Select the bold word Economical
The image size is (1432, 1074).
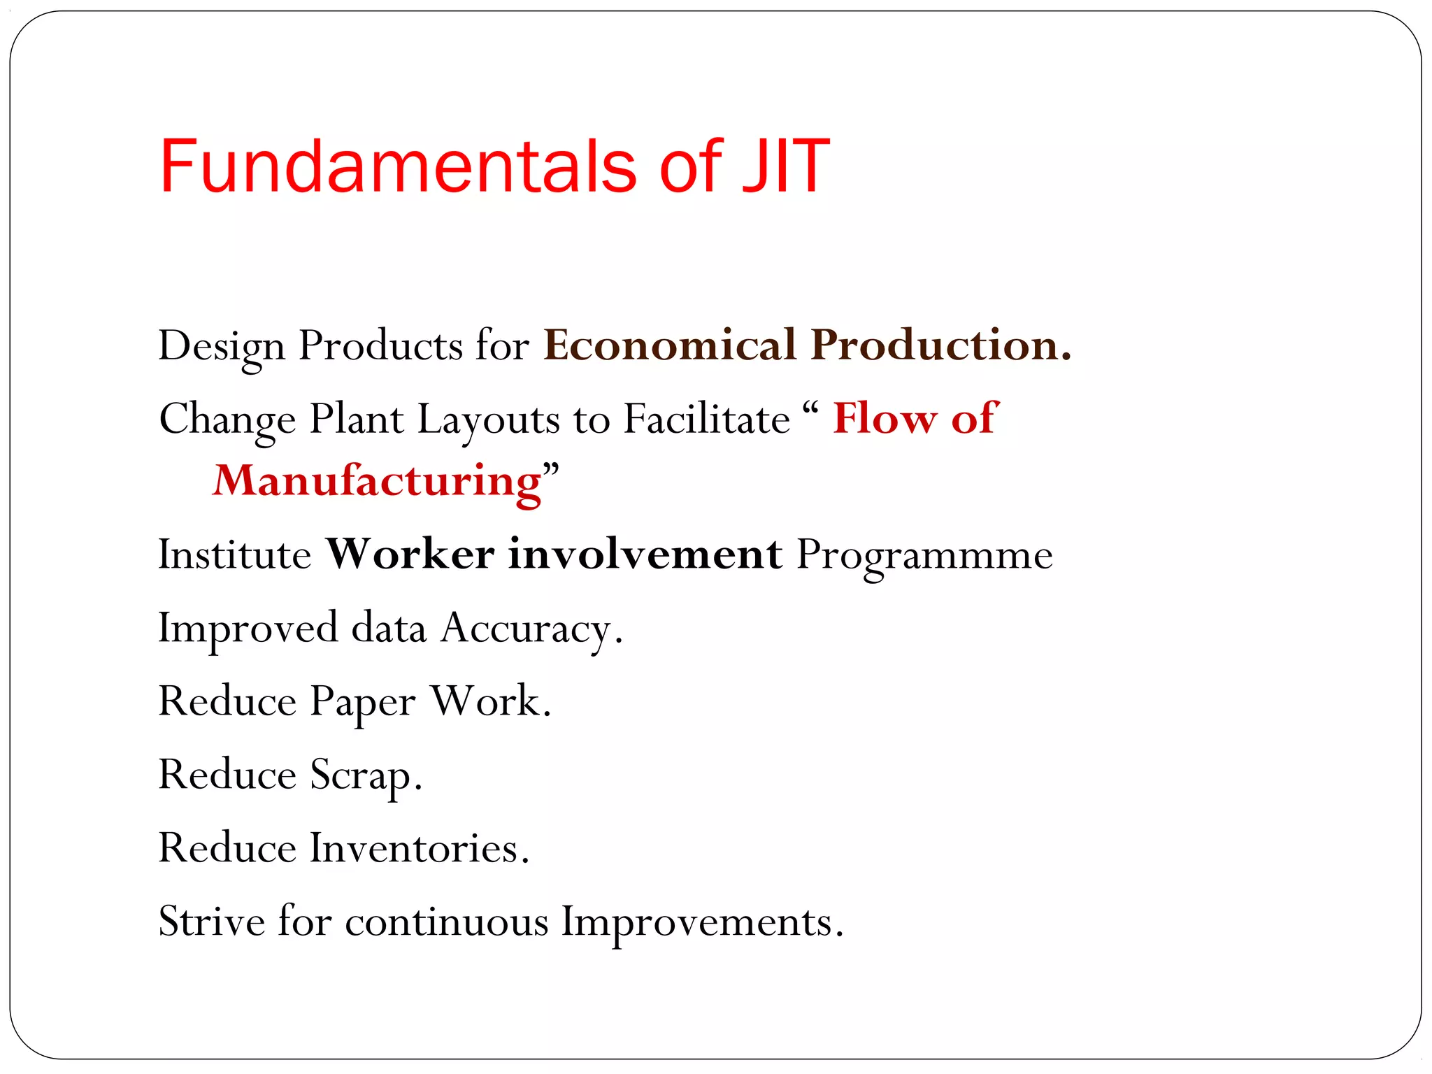(669, 345)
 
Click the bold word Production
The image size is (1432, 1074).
(940, 345)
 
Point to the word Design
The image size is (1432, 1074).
(222, 347)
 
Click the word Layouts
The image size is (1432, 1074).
(488, 420)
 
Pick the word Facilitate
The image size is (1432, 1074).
(706, 420)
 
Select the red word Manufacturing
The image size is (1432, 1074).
(377, 481)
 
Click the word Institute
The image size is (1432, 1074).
(234, 555)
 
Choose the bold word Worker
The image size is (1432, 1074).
(410, 555)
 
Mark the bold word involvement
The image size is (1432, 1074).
(645, 555)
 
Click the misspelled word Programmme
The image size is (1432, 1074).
(924, 557)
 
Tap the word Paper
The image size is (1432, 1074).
(362, 702)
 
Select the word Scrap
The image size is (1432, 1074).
(364, 775)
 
